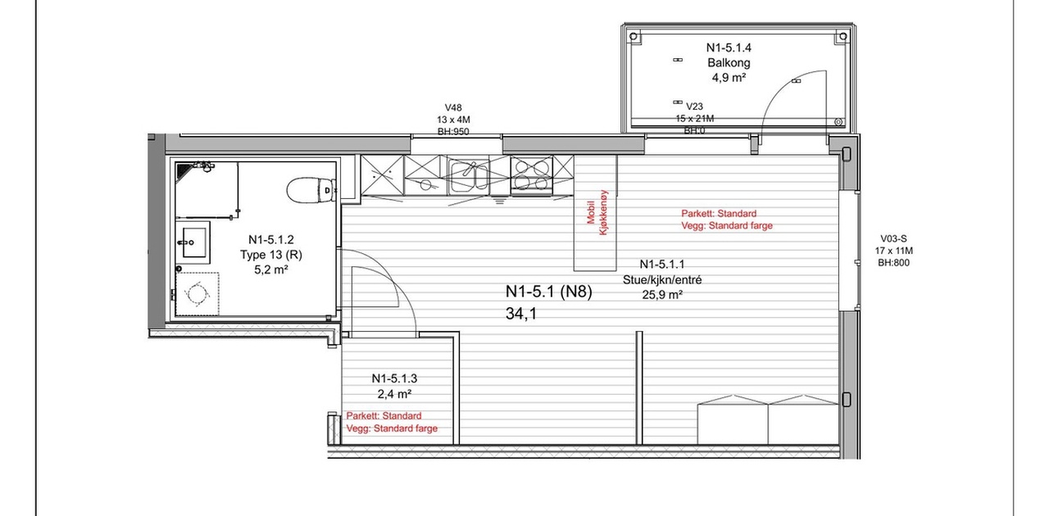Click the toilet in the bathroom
[311, 190]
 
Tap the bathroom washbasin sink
[193, 242]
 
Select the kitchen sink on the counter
[469, 176]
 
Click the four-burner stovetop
[532, 174]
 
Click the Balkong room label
[729, 62]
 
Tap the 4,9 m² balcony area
[729, 77]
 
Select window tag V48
[453, 107]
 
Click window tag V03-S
[893, 238]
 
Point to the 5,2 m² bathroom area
[270, 269]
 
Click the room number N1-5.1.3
[394, 378]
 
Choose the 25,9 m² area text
[661, 295]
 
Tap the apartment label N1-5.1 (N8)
[549, 292]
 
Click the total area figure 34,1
[520, 314]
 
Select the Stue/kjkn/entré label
[661, 279]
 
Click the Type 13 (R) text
[271, 255]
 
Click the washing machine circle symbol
[197, 293]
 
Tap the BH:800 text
[893, 263]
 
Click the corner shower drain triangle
[183, 170]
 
